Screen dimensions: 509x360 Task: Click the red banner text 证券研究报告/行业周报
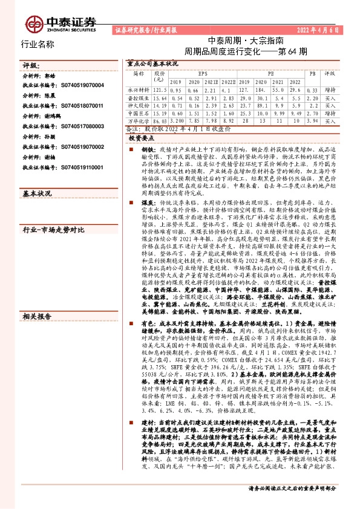tap(140, 30)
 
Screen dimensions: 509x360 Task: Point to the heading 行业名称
tap(38, 45)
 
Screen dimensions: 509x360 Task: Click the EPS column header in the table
tap(202, 73)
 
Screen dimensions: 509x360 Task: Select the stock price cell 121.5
tap(160, 89)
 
